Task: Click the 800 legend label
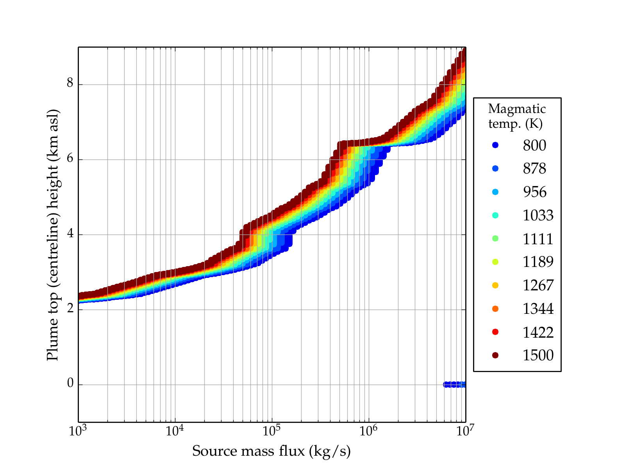534,145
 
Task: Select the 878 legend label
534,169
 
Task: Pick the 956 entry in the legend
534,192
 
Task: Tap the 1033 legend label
538,215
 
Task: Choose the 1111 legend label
538,239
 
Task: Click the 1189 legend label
538,262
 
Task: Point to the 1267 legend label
538,285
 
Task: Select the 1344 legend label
538,309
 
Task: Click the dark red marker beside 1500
495,355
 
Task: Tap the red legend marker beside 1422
495,332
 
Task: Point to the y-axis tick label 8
70,84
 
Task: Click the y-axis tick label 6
70,159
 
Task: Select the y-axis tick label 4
70,234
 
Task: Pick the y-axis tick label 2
70,309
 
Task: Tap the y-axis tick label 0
70,384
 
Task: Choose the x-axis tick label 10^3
78,431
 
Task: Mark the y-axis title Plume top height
52,234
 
